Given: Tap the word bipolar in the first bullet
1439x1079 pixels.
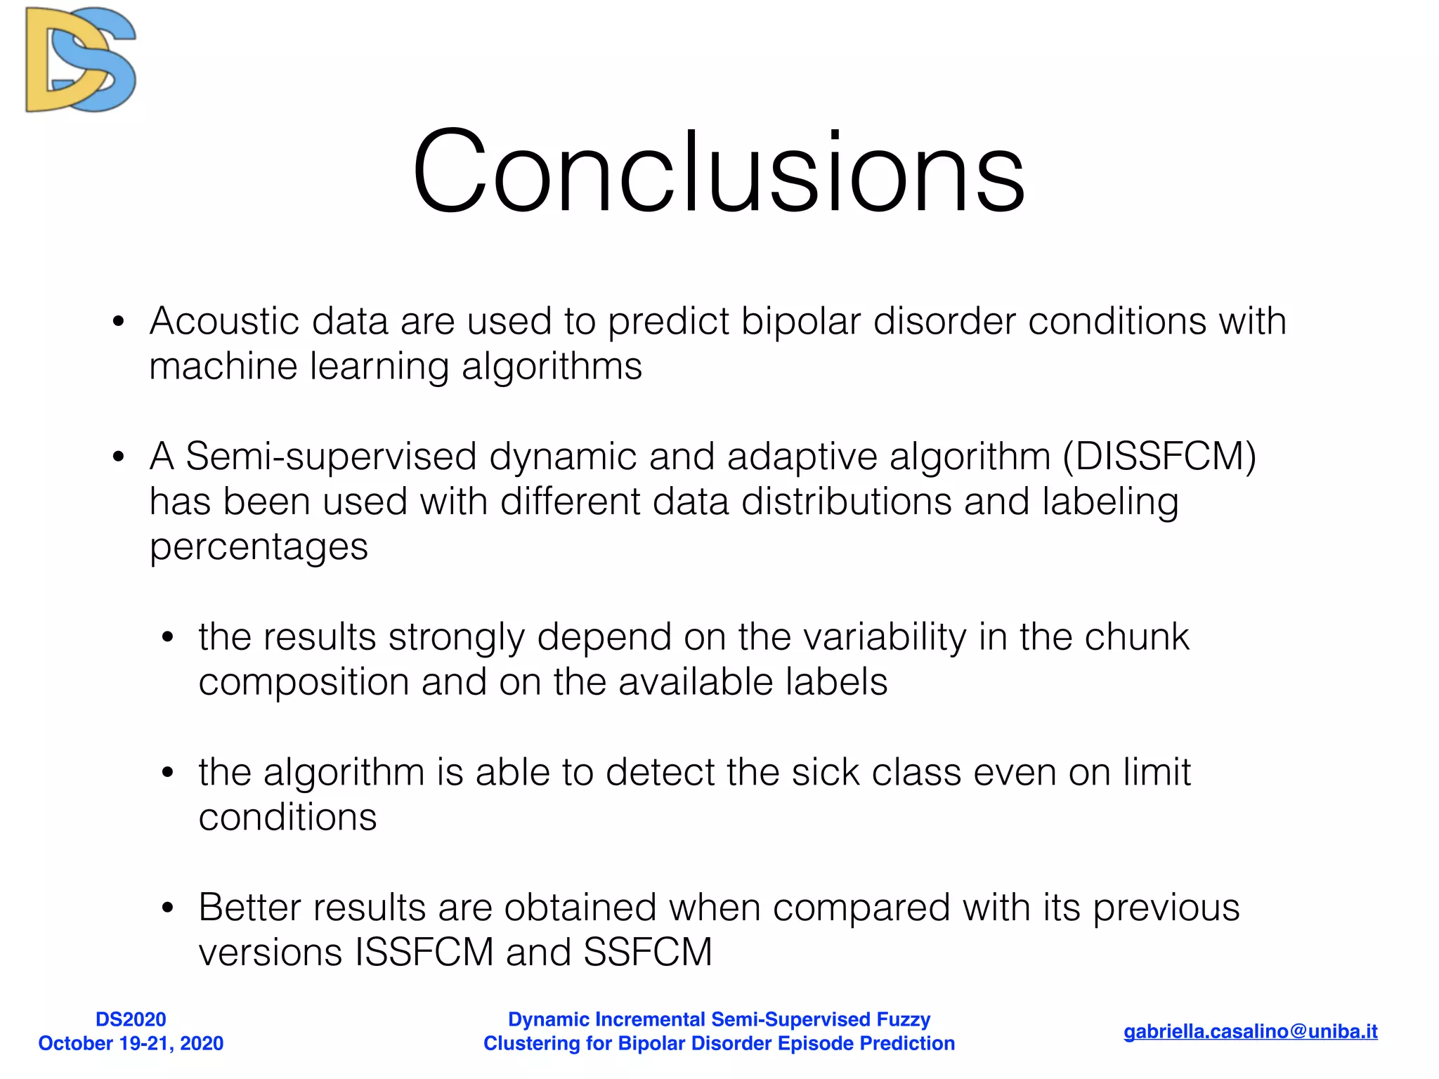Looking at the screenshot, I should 800,322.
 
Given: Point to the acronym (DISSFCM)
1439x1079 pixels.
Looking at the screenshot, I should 1159,457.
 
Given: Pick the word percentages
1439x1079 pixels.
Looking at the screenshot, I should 259,547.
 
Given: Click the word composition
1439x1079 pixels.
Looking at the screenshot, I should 304,683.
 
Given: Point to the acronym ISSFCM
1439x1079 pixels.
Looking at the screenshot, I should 424,953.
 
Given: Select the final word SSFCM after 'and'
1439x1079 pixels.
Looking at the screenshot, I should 647,953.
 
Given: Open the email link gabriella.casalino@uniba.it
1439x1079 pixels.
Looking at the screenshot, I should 1250,1031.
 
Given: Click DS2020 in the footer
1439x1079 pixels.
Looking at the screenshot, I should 131,1019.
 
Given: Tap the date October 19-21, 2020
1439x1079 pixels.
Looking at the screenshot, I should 131,1043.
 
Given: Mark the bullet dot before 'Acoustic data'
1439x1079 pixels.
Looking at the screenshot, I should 118,322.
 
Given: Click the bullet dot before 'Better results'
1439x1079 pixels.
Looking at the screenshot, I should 167,908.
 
